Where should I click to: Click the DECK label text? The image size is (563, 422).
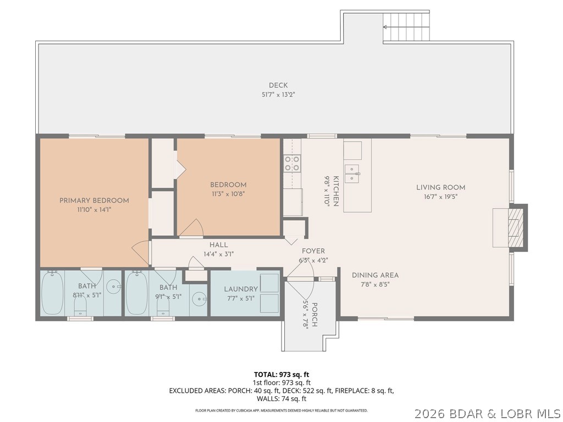coord(278,85)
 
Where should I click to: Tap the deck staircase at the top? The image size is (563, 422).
coord(406,26)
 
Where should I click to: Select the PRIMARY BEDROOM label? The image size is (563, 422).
coord(94,201)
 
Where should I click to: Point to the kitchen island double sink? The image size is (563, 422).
coord(353,173)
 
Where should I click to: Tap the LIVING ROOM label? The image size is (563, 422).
coord(440,187)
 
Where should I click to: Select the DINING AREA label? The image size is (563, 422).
coord(375,275)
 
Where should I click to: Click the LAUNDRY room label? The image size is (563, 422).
coord(241,289)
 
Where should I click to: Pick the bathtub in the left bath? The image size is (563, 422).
coord(52,293)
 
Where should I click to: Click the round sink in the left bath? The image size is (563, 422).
coord(113,285)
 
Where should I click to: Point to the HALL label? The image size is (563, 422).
coord(218,245)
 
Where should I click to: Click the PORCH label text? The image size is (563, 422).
coord(315,315)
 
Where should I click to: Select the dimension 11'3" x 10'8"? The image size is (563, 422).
coord(228,193)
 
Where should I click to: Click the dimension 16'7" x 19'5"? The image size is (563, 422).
coord(440,196)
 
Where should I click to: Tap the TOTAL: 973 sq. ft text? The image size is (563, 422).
coord(281,374)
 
